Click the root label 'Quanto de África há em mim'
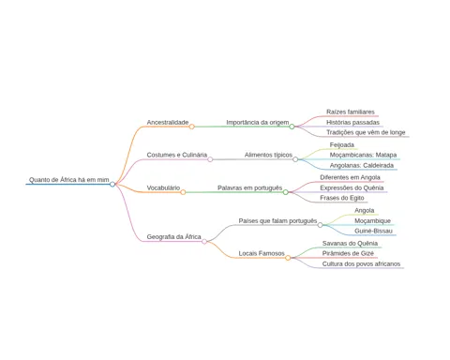[69, 180]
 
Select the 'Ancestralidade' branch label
[168, 122]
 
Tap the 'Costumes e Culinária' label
[177, 155]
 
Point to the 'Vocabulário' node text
[163, 187]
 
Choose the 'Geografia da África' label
[173, 236]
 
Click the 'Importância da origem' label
[258, 122]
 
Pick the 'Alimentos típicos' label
[268, 155]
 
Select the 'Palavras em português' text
[249, 187]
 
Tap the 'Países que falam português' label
[277, 220]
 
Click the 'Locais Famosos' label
[262, 253]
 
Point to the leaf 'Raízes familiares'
[351, 112]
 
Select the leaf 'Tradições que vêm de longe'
[366, 132]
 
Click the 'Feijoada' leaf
[342, 144]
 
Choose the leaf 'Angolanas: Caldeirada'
[362, 165]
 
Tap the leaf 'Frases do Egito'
[342, 198]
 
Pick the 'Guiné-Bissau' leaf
[373, 231]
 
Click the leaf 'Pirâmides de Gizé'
[348, 253]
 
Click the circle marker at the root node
[112, 185]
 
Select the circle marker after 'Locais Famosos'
[288, 258]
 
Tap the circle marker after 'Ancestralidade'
[192, 127]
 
